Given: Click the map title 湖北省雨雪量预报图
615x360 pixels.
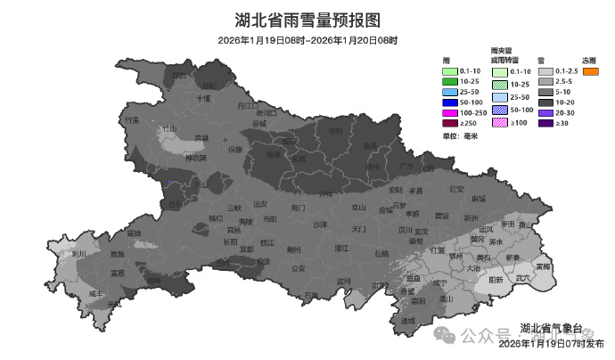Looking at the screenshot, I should click(307, 20).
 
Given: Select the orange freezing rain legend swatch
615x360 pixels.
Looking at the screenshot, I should click(589, 71).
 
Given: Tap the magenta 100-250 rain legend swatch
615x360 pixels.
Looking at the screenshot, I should click(450, 113).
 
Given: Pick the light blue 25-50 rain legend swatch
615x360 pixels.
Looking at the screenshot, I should click(450, 92).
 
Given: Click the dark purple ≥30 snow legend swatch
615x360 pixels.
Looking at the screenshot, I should click(544, 123).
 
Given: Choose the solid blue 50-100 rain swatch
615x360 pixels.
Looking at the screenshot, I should click(450, 102).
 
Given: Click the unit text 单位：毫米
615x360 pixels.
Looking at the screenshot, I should click(460, 135).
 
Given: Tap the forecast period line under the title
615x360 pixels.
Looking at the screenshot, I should click(307, 41).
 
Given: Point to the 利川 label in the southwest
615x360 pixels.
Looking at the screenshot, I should click(78, 254).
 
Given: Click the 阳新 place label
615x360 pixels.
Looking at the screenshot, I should click(496, 279).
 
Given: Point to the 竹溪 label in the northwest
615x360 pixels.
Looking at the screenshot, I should click(132, 119).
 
